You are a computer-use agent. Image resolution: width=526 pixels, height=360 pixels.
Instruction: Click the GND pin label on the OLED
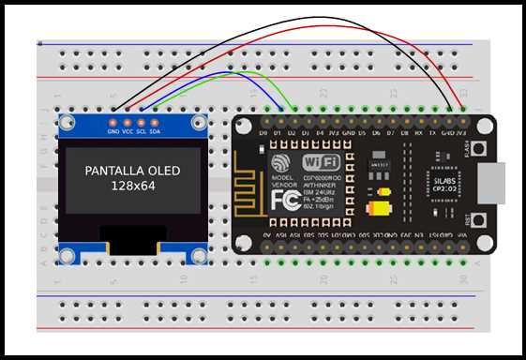113,132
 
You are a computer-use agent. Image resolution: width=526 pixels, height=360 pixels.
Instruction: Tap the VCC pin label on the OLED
128,132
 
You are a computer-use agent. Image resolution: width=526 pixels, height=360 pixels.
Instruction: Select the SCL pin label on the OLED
141,132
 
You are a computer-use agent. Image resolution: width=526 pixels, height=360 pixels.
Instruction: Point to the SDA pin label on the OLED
155,132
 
